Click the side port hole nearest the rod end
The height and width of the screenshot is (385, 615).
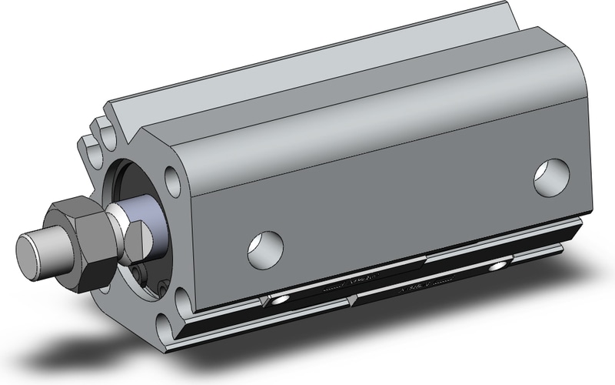pos(265,246)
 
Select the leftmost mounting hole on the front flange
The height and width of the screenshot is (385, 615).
pos(95,146)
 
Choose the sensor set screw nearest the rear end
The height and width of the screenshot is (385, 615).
pos(500,266)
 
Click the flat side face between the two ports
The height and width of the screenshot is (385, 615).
pos(400,200)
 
